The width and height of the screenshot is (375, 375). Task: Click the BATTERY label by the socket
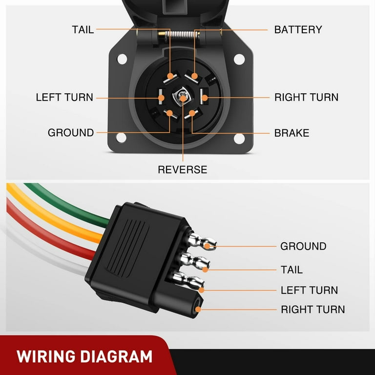298,29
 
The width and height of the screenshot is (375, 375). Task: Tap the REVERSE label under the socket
182,169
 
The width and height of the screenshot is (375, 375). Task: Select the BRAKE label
292,133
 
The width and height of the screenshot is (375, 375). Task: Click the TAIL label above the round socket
83,29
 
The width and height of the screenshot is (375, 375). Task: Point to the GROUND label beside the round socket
71,133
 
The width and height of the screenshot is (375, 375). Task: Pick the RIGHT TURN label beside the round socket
306,97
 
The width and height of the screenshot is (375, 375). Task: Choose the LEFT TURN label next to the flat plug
309,290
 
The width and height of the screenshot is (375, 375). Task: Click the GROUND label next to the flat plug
303,246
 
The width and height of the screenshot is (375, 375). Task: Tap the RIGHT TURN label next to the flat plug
312,309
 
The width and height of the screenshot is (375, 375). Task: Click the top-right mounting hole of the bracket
239,59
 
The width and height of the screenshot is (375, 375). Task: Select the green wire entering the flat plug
73,205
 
